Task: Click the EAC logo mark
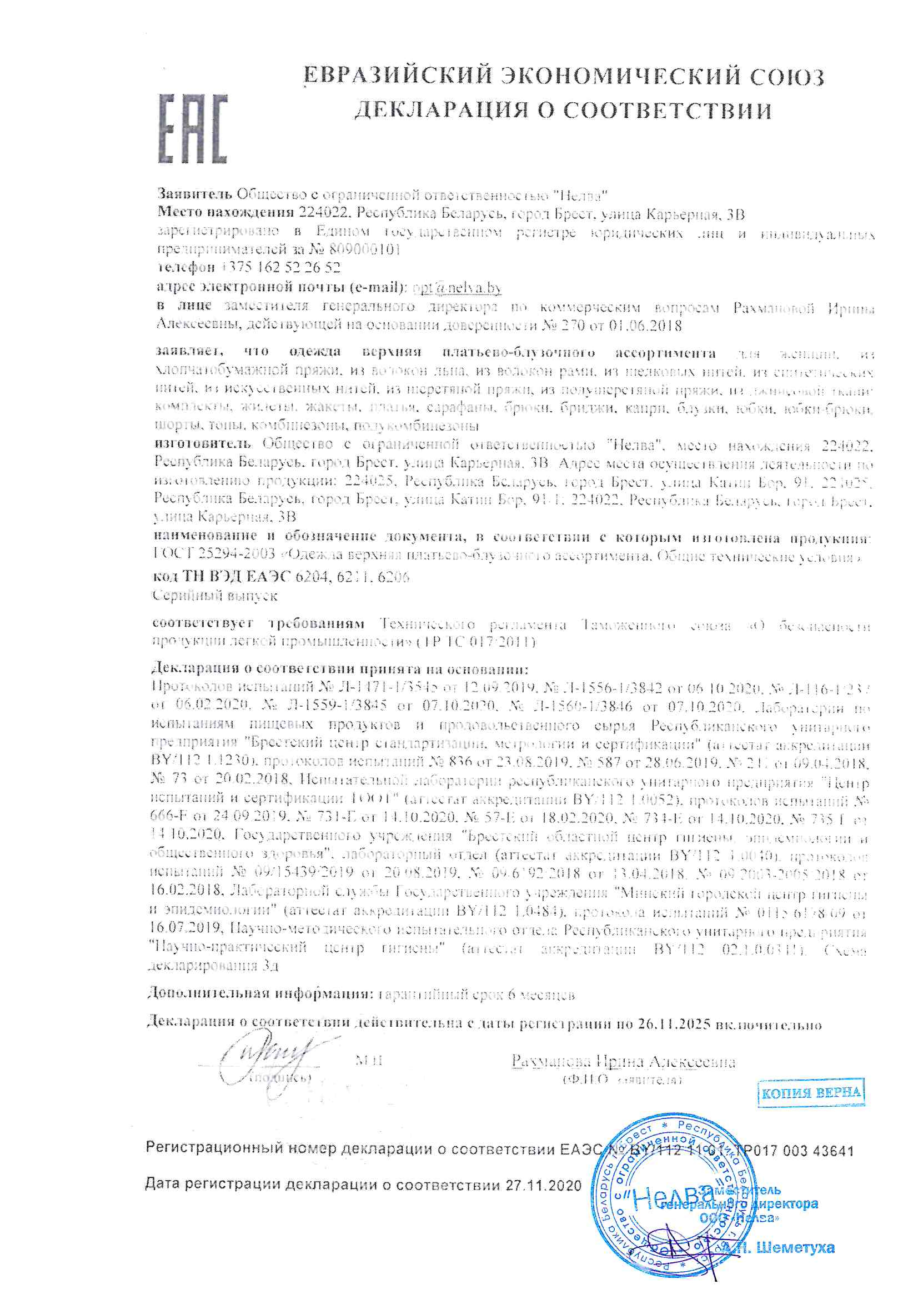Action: pyautogui.click(x=192, y=129)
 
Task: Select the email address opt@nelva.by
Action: pyautogui.click(x=457, y=287)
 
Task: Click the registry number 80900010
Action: pyautogui.click(x=364, y=249)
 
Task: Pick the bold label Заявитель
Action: pyautogui.click(x=194, y=195)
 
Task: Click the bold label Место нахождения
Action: pyautogui.click(x=225, y=213)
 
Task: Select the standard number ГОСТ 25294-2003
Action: pyautogui.click(x=214, y=555)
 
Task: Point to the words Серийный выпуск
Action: pyautogui.click(x=215, y=595)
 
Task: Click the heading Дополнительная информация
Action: pyautogui.click(x=260, y=993)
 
